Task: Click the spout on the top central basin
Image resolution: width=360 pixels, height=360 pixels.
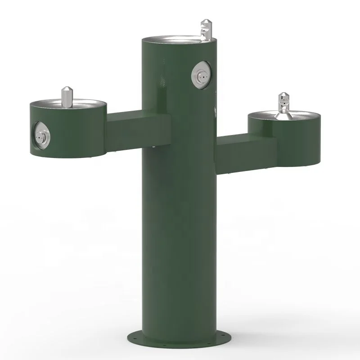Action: click(205, 29)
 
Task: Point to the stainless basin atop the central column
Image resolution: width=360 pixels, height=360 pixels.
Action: click(178, 39)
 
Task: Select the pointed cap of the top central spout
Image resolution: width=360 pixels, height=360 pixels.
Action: click(206, 22)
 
